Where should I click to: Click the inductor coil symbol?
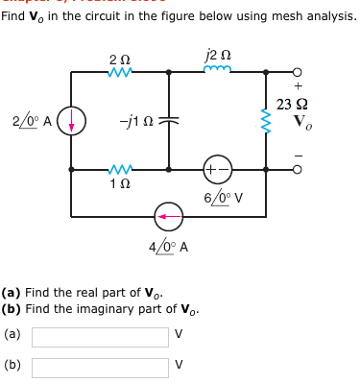[220, 72]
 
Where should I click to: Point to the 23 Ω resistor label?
[290, 105]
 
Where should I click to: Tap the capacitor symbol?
[169, 121]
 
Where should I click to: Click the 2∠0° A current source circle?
[73, 121]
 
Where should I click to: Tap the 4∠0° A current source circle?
[169, 215]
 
